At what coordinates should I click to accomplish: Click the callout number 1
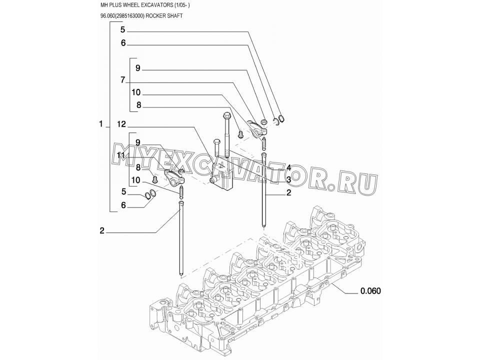pos(101,124)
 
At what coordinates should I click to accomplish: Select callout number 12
pos(121,124)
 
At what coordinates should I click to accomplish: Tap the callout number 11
pos(121,155)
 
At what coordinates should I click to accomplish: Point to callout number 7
pos(123,80)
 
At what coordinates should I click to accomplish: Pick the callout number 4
pos(288,168)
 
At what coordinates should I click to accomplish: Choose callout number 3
pos(288,179)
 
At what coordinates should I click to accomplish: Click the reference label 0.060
pos(370,291)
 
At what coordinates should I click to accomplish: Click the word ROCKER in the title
pos(155,16)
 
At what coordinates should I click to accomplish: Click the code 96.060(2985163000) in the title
pos(122,16)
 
